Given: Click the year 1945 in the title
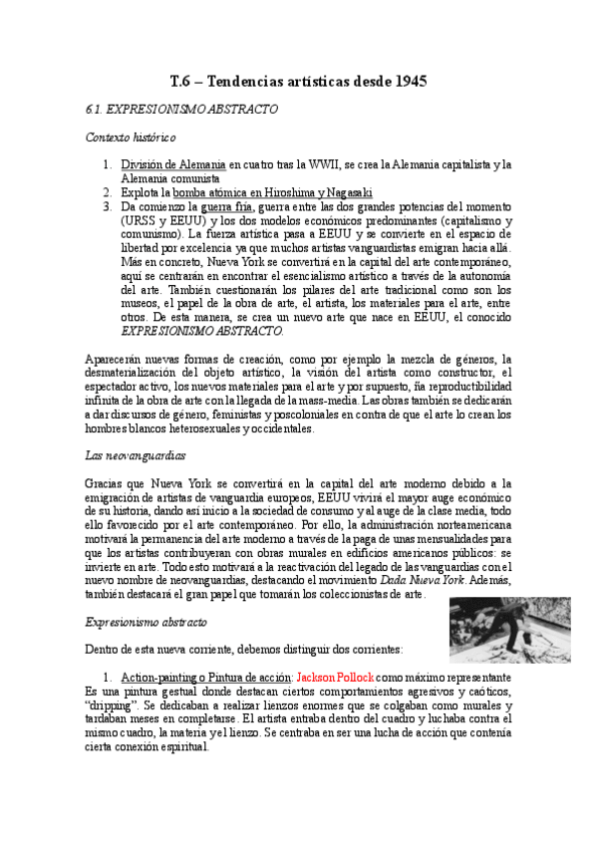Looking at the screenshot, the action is pos(407,82).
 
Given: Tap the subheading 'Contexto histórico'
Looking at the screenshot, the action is pos(131,138).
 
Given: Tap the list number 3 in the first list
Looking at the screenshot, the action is pos(107,206).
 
